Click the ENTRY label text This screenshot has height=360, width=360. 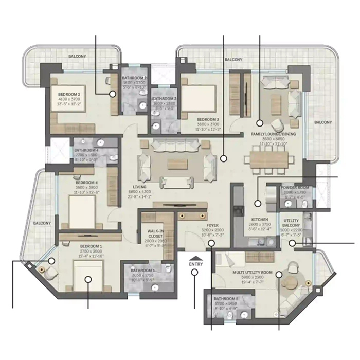pyautogui.click(x=196, y=264)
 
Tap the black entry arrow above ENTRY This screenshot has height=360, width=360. pyautogui.click(x=196, y=258)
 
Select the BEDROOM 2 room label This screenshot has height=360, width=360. pyautogui.click(x=68, y=95)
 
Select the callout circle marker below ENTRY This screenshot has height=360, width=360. pyautogui.click(x=195, y=273)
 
